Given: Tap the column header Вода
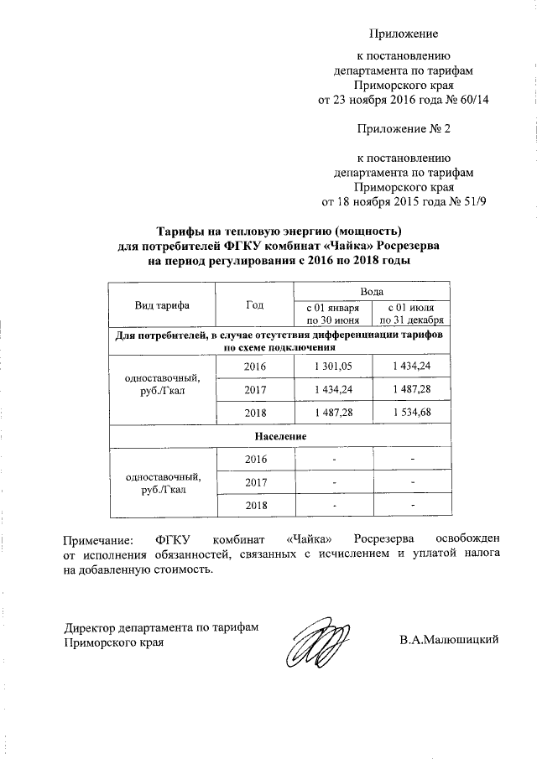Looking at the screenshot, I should [373, 291].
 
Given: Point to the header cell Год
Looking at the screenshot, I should [254, 305].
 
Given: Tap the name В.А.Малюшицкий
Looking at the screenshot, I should [450, 641].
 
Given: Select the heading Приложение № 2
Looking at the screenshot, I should [404, 129].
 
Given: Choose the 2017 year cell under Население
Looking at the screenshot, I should [254, 482].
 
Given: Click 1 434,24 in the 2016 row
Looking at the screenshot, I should [412, 367].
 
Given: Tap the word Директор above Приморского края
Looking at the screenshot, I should [91, 627].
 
